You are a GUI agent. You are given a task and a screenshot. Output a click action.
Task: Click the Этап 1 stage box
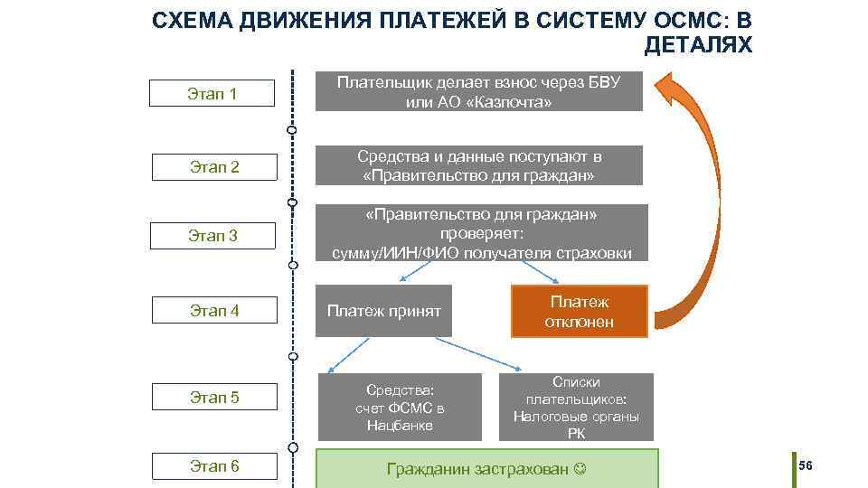click(x=212, y=93)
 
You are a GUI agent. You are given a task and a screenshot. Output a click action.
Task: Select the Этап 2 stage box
click(x=212, y=166)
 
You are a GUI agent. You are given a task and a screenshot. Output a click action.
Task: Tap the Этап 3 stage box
click(x=212, y=236)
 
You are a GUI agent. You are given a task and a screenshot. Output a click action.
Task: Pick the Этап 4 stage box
click(x=213, y=311)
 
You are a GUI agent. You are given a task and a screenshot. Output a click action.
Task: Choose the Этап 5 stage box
click(x=213, y=396)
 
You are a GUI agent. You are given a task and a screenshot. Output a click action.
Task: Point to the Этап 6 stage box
click(x=213, y=466)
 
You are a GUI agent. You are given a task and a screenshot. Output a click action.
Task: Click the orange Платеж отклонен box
click(x=580, y=312)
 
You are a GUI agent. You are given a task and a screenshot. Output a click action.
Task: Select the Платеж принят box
click(x=383, y=312)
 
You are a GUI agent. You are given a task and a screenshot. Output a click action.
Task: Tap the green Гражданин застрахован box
click(x=486, y=469)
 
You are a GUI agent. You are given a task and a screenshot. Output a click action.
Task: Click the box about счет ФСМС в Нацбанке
click(x=400, y=407)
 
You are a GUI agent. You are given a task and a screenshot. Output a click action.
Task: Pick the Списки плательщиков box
click(x=576, y=407)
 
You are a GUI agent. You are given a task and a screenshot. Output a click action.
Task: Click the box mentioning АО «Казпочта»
click(x=478, y=91)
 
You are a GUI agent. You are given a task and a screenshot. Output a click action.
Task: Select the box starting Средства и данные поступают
click(x=478, y=165)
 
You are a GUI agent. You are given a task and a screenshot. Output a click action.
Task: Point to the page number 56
click(x=807, y=465)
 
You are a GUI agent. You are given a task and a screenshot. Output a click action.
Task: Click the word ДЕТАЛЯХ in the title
click(x=698, y=44)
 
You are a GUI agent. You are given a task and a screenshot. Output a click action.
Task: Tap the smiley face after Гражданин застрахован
click(x=580, y=469)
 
